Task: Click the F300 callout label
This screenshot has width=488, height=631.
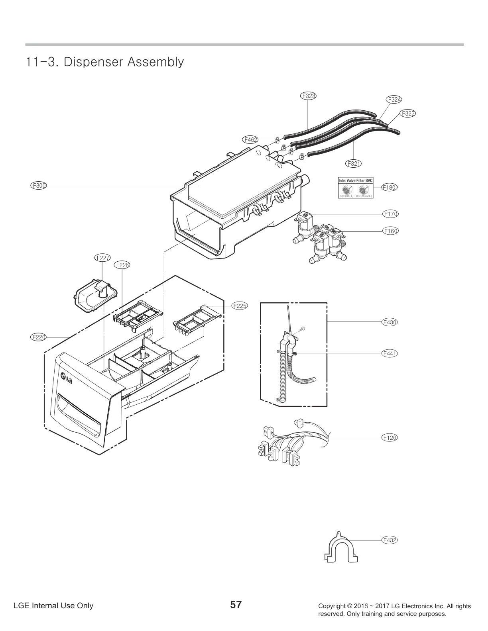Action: pyautogui.click(x=39, y=185)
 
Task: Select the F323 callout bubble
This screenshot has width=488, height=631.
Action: pyautogui.click(x=308, y=96)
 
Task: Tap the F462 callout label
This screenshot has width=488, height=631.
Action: pyautogui.click(x=250, y=139)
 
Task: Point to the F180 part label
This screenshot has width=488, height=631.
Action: pyautogui.click(x=390, y=187)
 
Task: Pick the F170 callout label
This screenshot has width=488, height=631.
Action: pyautogui.click(x=391, y=214)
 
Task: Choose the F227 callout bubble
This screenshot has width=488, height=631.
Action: pyautogui.click(x=103, y=258)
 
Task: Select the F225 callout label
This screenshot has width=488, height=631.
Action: pyautogui.click(x=240, y=306)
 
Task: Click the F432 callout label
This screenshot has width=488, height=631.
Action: pyautogui.click(x=390, y=540)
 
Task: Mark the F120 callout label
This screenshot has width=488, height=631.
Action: pyautogui.click(x=390, y=437)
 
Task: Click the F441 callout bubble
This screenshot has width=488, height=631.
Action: pyautogui.click(x=390, y=353)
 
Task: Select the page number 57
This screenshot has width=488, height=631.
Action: pyautogui.click(x=236, y=605)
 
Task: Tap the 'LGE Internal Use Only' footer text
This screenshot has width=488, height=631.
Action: pyautogui.click(x=53, y=606)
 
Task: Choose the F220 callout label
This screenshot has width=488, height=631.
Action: pyautogui.click(x=38, y=337)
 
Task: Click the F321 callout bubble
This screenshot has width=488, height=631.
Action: pyautogui.click(x=354, y=163)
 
